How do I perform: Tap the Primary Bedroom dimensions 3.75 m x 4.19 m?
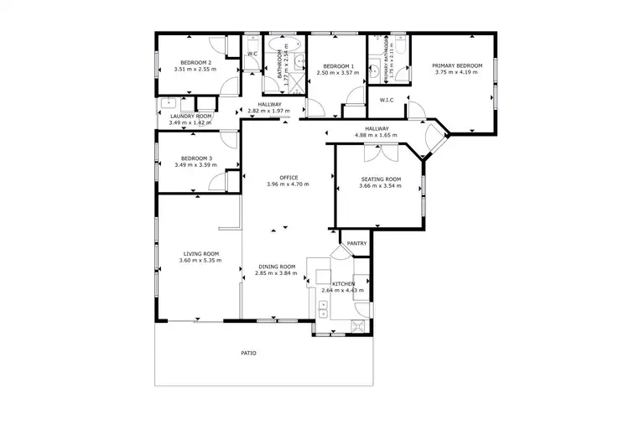pyautogui.click(x=456, y=72)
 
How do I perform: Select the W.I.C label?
pyautogui.click(x=387, y=101)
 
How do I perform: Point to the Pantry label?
pyautogui.click(x=357, y=243)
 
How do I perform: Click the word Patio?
pyautogui.click(x=248, y=353)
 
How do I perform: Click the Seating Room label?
pyautogui.click(x=381, y=179)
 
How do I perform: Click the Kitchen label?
pyautogui.click(x=343, y=284)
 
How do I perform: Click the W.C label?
pyautogui.click(x=252, y=54)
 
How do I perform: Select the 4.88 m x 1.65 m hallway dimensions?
pyautogui.click(x=376, y=135)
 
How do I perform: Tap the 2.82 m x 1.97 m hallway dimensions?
pyautogui.click(x=268, y=111)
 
